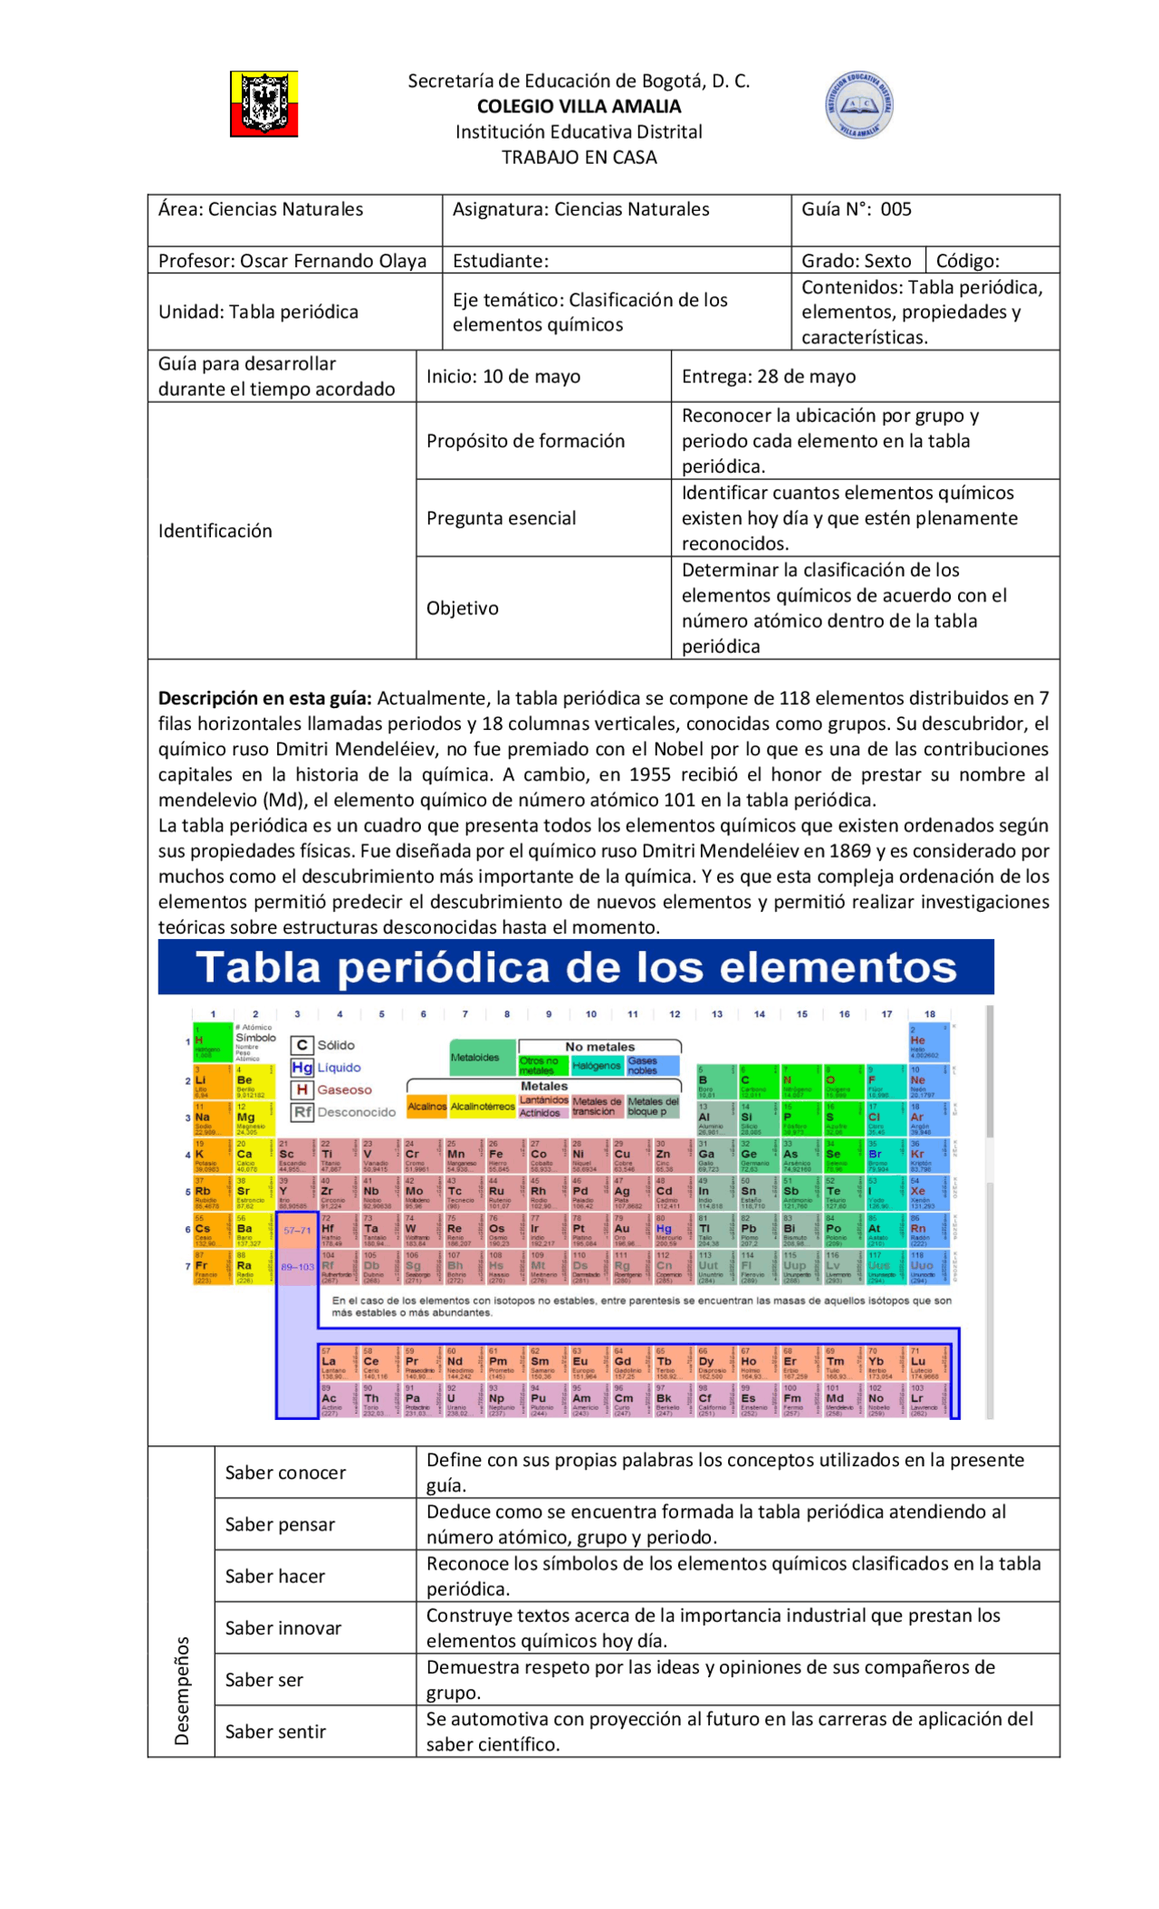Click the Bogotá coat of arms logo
pos(263,105)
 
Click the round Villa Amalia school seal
pos(858,105)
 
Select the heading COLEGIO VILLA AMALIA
pos(579,107)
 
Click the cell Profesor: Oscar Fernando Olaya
pos(292,261)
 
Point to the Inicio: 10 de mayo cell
pos(503,377)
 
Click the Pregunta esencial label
pos(501,518)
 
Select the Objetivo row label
pos(462,608)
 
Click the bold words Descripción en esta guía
pos(264,698)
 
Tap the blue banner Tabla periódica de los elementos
pos(576,967)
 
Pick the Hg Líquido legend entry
pos(327,1068)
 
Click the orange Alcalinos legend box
pos(426,1107)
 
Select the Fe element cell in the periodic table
pos(497,1156)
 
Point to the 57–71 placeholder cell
pos(297,1231)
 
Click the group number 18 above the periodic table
pos(930,1014)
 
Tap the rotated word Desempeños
pos(182,1691)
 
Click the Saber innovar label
pos(283,1628)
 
